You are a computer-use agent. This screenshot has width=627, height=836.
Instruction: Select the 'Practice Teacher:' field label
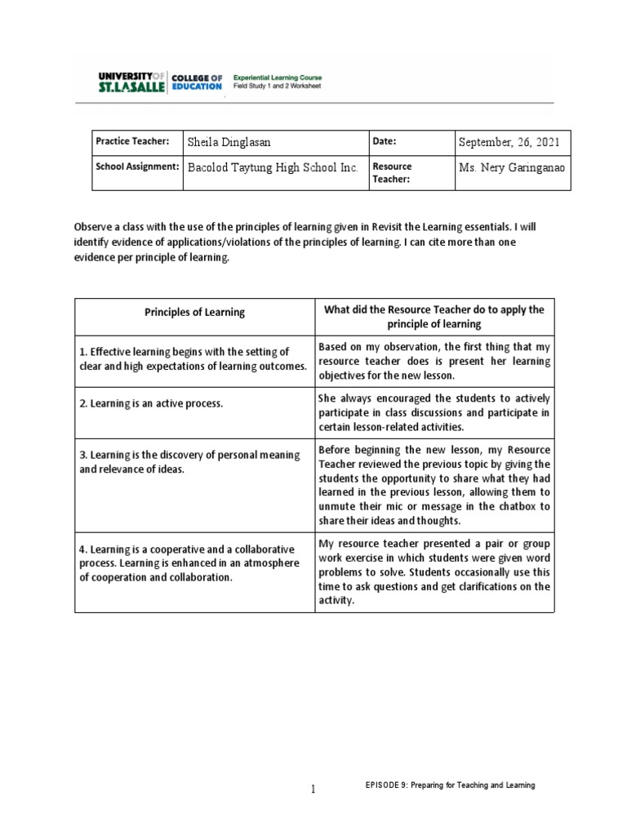(x=132, y=141)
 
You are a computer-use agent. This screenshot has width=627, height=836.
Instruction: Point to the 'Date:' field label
(x=385, y=141)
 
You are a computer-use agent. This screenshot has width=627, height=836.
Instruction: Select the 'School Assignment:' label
(x=137, y=167)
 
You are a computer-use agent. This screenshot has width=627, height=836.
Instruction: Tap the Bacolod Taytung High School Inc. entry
(x=273, y=167)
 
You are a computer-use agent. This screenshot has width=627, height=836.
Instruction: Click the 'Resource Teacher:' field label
(x=394, y=172)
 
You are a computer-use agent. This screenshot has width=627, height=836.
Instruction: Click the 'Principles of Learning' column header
(x=194, y=312)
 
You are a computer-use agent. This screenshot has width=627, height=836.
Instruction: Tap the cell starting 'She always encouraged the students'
(x=434, y=412)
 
